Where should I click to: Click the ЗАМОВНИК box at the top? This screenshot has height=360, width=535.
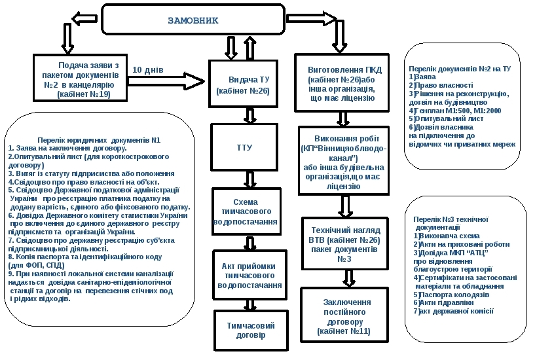(193, 20)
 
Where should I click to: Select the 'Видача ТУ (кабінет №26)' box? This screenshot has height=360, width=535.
(244, 84)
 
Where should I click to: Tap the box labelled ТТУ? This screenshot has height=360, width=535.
(244, 147)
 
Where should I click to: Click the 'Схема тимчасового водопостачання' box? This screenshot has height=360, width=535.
(246, 211)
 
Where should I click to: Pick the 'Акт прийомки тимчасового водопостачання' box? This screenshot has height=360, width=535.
(249, 275)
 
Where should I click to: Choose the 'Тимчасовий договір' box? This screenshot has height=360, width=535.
(251, 330)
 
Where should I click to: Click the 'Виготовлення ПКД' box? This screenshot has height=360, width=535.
(342, 83)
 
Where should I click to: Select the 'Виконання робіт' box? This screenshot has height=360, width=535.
(344, 160)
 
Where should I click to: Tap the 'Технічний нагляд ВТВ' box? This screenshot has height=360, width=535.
(345, 243)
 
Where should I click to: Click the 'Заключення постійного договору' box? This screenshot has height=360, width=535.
(344, 315)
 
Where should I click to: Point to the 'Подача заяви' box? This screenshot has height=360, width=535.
(80, 78)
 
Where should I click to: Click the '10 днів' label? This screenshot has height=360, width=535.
(148, 70)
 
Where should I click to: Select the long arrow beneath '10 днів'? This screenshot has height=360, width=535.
(166, 81)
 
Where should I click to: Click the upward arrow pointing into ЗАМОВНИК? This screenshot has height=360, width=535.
(250, 48)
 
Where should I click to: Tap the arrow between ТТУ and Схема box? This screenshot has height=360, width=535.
(250, 179)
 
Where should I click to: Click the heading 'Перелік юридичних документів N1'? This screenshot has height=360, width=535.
(99, 140)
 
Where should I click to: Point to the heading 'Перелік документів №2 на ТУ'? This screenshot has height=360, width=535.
(460, 69)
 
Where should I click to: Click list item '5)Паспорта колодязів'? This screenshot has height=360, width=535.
(451, 295)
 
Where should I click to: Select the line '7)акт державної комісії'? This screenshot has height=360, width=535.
(453, 311)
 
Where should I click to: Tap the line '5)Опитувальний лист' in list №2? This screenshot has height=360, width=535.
(446, 118)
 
